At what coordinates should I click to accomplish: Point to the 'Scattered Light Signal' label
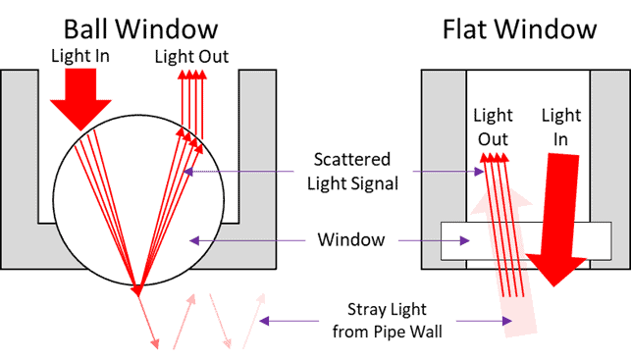[352, 171]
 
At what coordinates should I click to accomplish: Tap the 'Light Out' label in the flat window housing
[493, 127]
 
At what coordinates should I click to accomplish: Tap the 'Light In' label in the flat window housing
[560, 127]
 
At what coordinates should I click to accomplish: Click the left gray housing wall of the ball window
[21, 167]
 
